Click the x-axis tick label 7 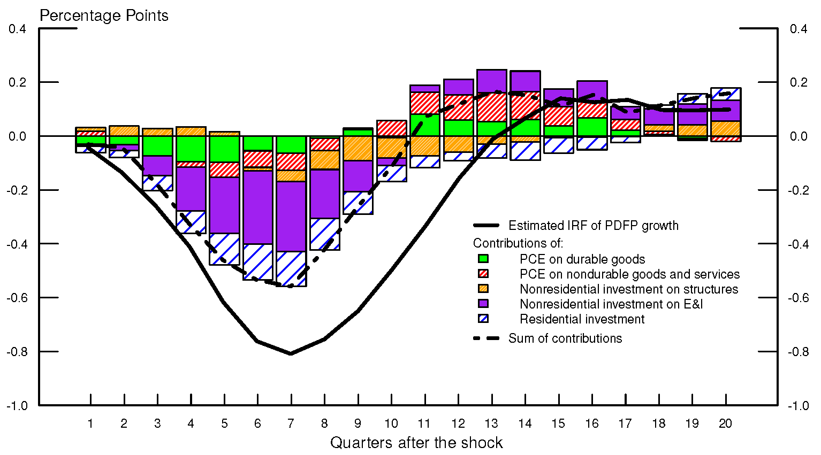[291, 423]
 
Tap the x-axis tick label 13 [491, 423]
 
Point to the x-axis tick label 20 [725, 423]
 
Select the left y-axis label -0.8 [17, 351]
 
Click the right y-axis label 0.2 [799, 82]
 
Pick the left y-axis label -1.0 [17, 405]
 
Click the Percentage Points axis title [104, 16]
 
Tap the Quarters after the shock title [416, 443]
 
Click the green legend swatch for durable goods [483, 259]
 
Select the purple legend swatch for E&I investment [483, 304]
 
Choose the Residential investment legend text [582, 319]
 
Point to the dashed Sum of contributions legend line [486, 338]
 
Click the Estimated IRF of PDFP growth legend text [593, 226]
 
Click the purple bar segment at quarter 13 [491, 80]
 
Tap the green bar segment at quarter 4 [191, 149]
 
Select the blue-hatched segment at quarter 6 [258, 262]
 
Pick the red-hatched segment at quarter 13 [491, 107]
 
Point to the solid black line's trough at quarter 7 [291, 353]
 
